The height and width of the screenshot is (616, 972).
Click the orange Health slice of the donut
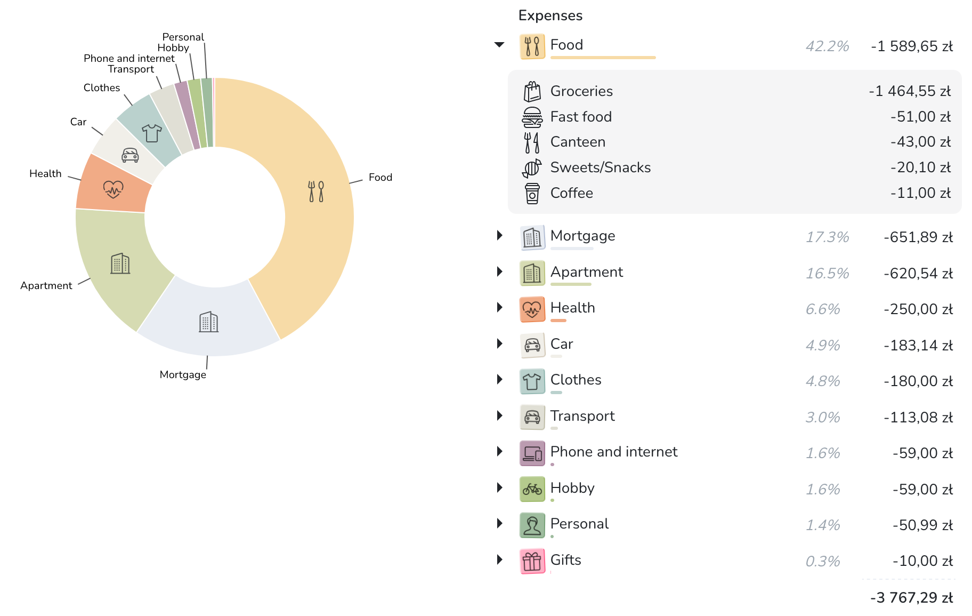click(x=114, y=188)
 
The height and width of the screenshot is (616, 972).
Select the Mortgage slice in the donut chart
click(x=209, y=322)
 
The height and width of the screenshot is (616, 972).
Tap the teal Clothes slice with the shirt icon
click(x=151, y=132)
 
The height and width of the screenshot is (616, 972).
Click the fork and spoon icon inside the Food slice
click(x=316, y=191)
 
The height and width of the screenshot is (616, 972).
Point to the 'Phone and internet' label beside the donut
click(x=129, y=58)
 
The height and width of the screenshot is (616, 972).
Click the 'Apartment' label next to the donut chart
click(x=46, y=285)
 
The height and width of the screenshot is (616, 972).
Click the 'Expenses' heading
click(x=550, y=15)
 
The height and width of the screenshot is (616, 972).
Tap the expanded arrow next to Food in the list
click(x=499, y=45)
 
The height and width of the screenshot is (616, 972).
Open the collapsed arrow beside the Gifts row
click(x=499, y=559)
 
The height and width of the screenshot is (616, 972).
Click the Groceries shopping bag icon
click(x=532, y=91)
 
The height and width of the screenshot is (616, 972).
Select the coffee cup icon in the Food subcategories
click(x=532, y=193)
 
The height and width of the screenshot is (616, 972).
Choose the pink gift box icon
click(x=532, y=561)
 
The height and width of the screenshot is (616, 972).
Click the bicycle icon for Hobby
click(x=532, y=489)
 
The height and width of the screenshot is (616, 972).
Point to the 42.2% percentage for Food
click(x=827, y=46)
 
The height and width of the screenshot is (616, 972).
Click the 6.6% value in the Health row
click(x=823, y=309)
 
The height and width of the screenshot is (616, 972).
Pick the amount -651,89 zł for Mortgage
click(x=918, y=237)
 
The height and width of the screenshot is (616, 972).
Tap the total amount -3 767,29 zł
click(x=911, y=598)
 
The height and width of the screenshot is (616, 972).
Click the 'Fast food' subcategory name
click(x=581, y=117)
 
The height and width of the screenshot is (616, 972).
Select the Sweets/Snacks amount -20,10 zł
click(x=920, y=167)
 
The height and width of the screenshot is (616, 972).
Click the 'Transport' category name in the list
click(x=582, y=416)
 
